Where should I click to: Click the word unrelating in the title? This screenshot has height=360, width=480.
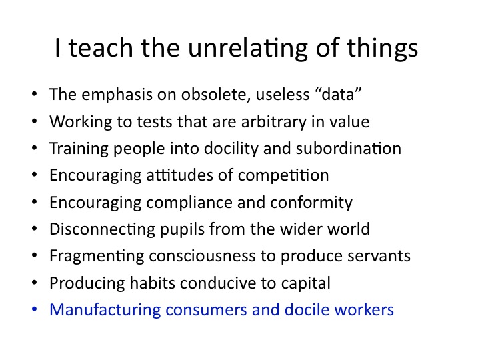click(x=247, y=49)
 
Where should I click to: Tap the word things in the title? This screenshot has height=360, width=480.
click(x=383, y=49)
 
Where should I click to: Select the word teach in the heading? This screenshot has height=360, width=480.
click(x=101, y=48)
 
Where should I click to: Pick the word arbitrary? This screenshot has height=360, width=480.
click(x=273, y=122)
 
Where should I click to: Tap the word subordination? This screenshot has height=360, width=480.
click(x=349, y=149)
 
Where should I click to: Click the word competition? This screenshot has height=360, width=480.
click(x=283, y=176)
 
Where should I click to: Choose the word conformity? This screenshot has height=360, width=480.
click(x=311, y=203)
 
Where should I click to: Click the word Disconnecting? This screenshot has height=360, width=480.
click(x=102, y=229)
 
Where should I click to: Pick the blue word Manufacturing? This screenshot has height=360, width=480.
click(x=105, y=310)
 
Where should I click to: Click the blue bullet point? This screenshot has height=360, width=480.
click(x=34, y=309)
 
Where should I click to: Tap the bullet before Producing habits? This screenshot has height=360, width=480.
click(x=34, y=282)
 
